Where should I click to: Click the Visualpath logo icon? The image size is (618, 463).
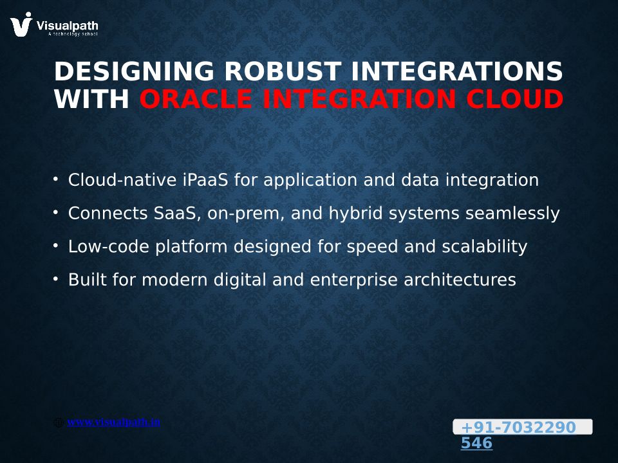pos(21,24)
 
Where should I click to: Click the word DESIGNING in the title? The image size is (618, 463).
pos(134,71)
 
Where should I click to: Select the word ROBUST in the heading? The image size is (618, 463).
pos(283,71)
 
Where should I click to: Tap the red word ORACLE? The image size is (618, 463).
pos(196,98)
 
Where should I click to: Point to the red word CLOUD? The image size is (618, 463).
pos(515,98)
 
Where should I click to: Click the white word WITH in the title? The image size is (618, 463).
pos(91,98)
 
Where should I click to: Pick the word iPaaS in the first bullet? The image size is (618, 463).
pos(205,180)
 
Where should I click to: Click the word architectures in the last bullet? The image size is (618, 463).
pos(460,280)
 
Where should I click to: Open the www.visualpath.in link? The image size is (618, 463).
pos(113,422)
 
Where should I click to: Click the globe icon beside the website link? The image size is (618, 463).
pos(58,422)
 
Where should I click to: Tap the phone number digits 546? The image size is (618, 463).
pos(476,443)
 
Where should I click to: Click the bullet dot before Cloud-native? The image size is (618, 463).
pos(55,179)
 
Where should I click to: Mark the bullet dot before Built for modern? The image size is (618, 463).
pos(55,279)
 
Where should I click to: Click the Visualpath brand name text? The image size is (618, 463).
pos(67,26)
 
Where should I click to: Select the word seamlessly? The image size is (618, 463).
pos(512,213)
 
